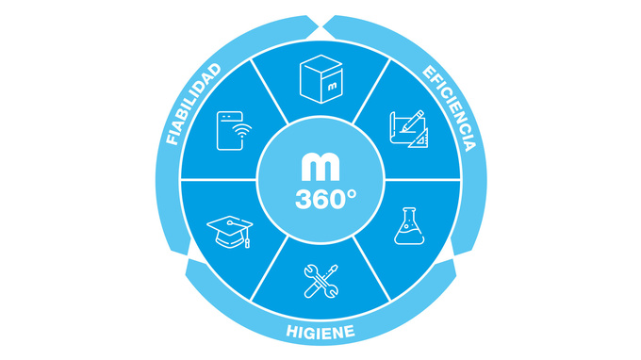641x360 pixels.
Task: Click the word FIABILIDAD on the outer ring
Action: (193, 105)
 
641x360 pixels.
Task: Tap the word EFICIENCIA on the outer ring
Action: (450, 107)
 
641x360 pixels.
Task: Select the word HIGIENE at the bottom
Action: (320, 332)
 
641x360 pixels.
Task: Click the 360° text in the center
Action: (325, 200)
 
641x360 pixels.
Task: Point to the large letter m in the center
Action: (320, 167)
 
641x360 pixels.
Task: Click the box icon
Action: (320, 79)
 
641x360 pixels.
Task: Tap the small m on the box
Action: (332, 86)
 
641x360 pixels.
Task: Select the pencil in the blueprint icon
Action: (412, 121)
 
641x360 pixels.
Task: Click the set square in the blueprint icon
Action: (419, 139)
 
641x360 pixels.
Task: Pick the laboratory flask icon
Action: (409, 226)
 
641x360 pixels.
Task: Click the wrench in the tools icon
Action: (321, 281)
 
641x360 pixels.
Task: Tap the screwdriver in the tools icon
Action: (320, 281)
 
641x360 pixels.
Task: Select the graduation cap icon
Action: (230, 232)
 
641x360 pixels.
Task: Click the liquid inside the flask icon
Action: (409, 236)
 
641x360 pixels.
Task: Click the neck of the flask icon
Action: (409, 216)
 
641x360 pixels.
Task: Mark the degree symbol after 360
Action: (352, 194)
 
